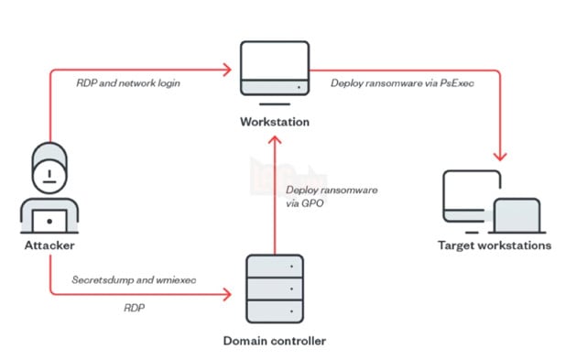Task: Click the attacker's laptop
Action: [43, 221]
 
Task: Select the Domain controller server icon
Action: [273, 289]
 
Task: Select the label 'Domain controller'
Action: [273, 340]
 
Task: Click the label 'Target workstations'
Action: [495, 245]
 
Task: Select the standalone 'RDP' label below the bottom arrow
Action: [134, 310]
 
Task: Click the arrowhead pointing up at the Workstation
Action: [272, 138]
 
